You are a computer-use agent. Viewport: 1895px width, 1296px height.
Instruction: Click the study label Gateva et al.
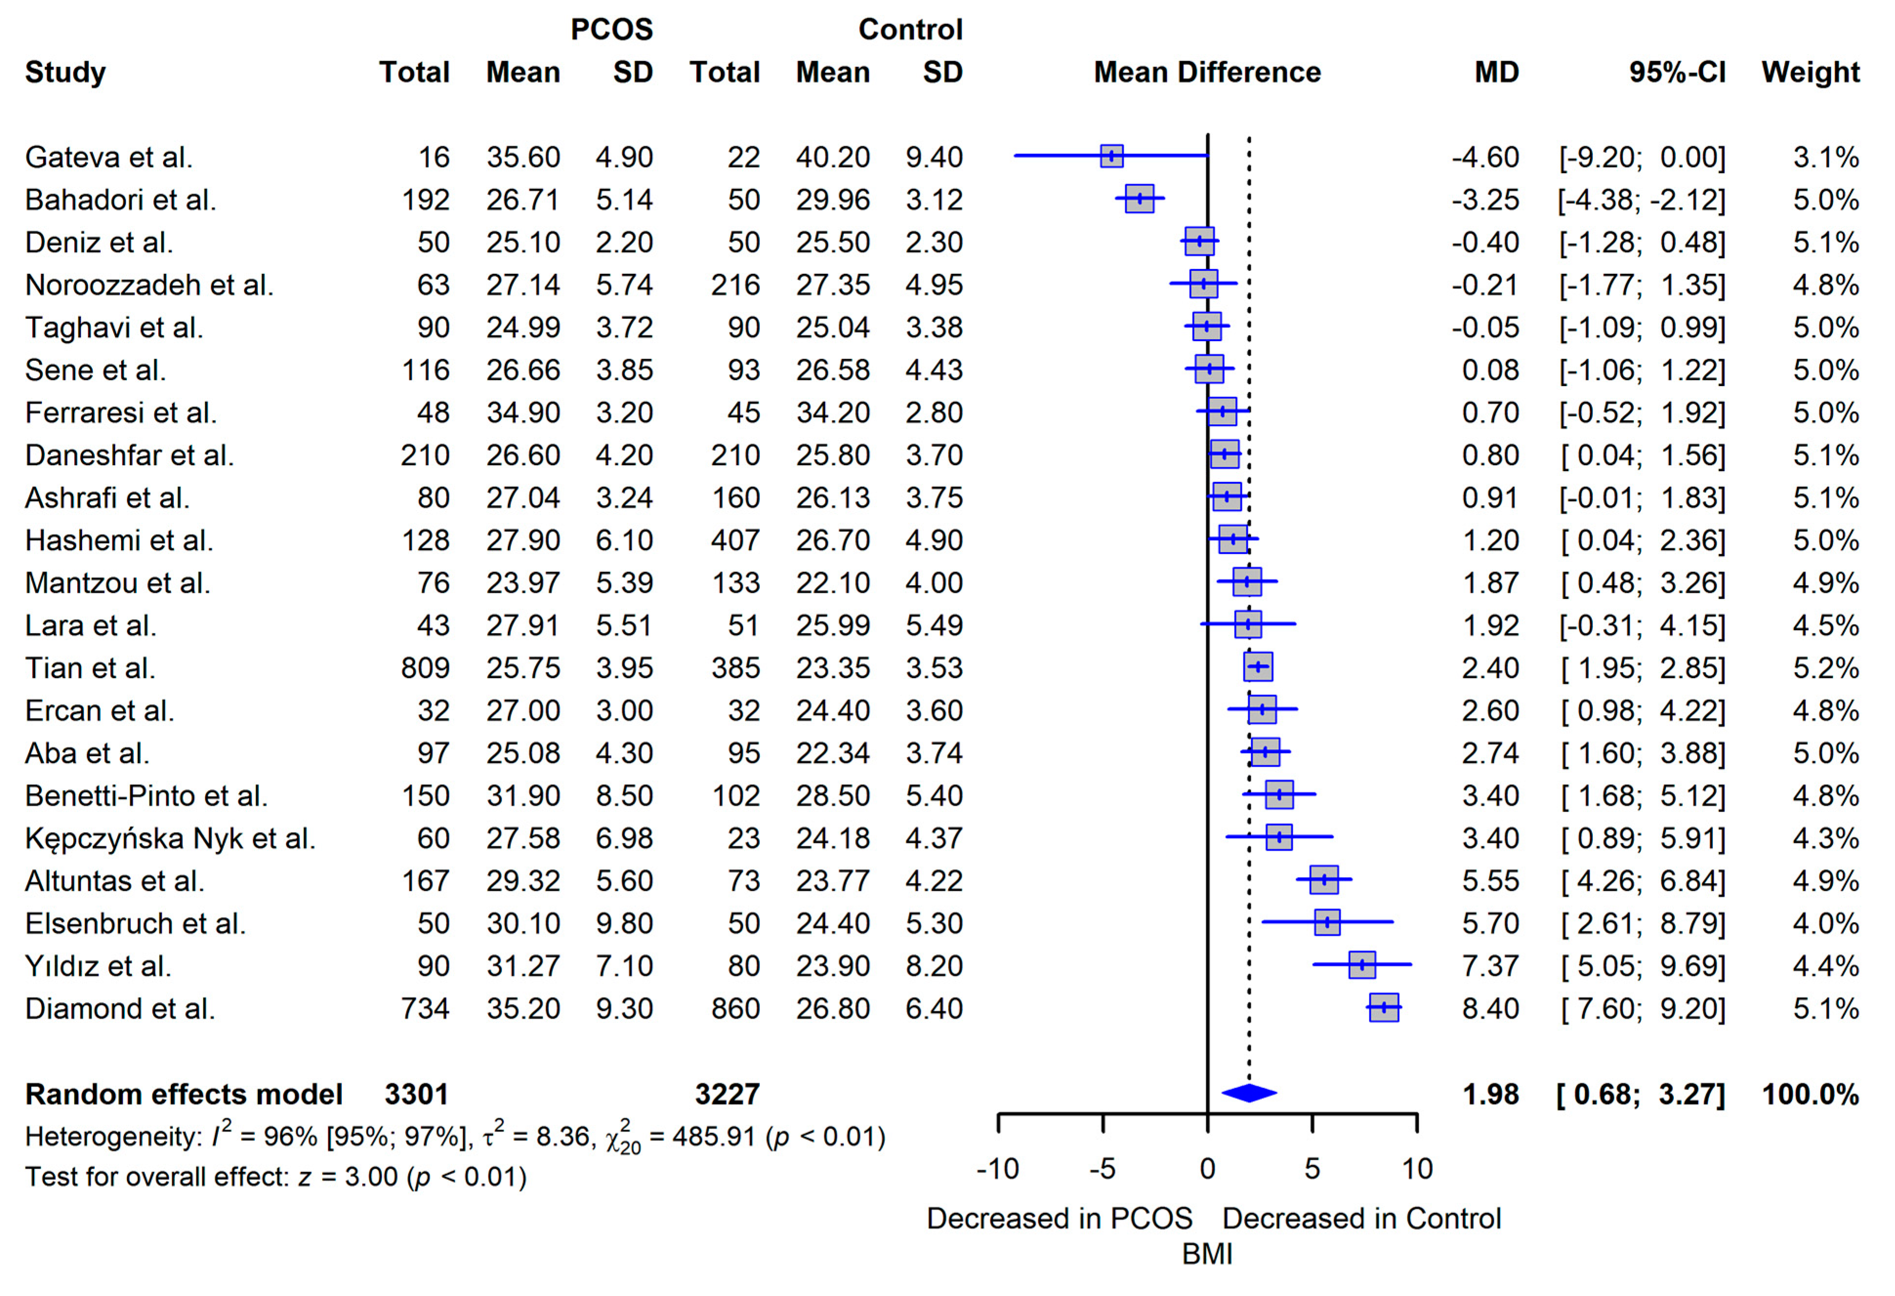coord(108,157)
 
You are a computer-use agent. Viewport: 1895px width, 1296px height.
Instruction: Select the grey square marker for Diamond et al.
coord(1384,1008)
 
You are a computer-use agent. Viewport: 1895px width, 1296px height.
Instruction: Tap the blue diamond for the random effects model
coord(1248,1093)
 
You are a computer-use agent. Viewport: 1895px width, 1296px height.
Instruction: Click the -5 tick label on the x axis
coord(1102,1169)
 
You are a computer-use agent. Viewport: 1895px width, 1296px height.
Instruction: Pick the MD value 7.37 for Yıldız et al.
coord(1490,966)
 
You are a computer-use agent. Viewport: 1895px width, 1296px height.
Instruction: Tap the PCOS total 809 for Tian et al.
coord(425,668)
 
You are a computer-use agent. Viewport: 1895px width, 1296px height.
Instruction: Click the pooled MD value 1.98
coord(1490,1094)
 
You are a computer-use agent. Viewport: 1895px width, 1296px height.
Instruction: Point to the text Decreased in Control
coord(1361,1218)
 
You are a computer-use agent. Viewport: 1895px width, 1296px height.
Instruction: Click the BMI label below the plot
coord(1207,1254)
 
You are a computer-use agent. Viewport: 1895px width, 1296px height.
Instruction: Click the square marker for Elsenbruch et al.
coord(1327,923)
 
